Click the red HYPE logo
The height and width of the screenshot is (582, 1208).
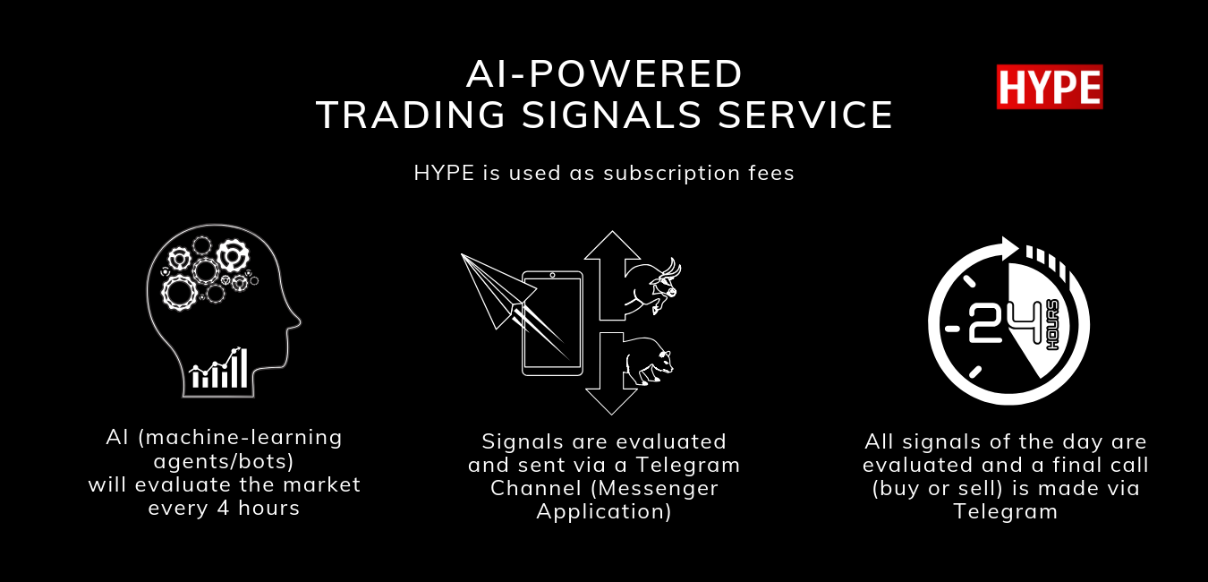[x=1050, y=87]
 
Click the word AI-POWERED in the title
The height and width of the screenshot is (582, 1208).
[x=605, y=74]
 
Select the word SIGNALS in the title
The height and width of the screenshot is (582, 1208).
[x=611, y=115]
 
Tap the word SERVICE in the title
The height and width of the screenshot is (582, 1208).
[x=805, y=115]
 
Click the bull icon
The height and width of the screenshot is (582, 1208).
[x=653, y=287]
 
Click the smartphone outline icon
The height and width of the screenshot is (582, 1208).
[x=552, y=323]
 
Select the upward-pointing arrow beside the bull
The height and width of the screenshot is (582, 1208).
[x=611, y=275]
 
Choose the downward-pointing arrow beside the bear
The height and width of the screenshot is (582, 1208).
[x=611, y=373]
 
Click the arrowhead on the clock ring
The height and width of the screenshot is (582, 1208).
[x=1009, y=249]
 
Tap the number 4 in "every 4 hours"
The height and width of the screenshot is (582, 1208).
[x=224, y=508]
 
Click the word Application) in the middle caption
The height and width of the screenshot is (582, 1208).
[x=604, y=511]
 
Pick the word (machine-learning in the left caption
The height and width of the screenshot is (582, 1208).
[x=240, y=438]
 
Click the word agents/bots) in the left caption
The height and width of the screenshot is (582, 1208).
[x=224, y=462]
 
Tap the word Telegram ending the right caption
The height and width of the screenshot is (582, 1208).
[x=1006, y=511]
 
